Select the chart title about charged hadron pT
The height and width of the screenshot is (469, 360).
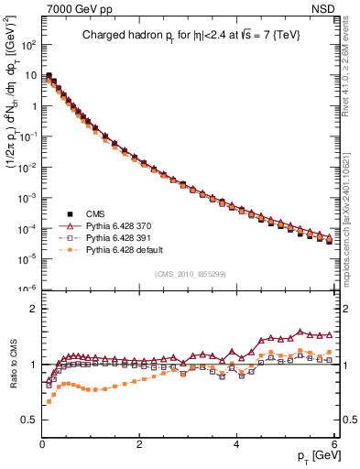[190, 36]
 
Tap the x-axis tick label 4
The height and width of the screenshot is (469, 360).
[237, 443]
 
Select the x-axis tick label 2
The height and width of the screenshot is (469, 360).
[139, 443]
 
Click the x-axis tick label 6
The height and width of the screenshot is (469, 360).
[334, 443]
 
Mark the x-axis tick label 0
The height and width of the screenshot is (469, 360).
[42, 443]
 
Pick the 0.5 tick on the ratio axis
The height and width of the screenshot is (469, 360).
[28, 420]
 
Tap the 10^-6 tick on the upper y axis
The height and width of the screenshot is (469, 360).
[27, 289]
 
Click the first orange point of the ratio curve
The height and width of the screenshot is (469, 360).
[49, 401]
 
